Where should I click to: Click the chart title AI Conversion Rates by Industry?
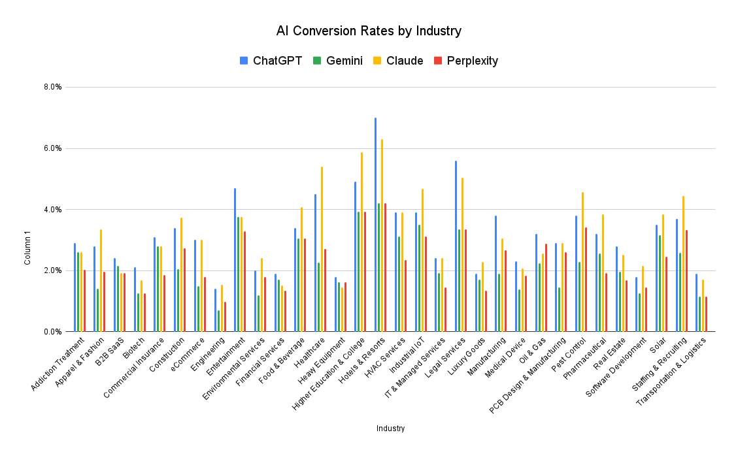point(369,31)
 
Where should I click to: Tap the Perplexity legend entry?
point(466,61)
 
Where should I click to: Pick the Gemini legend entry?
point(337,61)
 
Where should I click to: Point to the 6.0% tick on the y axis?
point(53,148)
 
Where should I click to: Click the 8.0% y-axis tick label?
point(53,87)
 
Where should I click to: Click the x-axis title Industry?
point(390,429)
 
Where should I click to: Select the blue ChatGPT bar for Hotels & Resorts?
point(375,225)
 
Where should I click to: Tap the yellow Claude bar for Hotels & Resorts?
point(382,235)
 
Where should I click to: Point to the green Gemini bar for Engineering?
point(218,321)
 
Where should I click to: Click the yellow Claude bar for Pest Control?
point(582,262)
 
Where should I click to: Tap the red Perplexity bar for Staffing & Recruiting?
point(686,281)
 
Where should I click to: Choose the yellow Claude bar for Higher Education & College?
point(361,242)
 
